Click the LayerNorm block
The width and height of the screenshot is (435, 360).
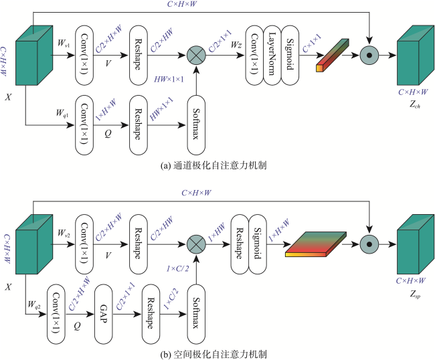(272, 55)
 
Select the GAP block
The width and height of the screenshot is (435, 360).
(104, 314)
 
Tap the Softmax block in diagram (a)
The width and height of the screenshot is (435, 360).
(196, 125)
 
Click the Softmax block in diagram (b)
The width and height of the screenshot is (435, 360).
(196, 314)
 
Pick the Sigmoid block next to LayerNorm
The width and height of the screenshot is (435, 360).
(290, 55)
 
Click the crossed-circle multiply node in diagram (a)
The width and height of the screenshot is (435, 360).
(196, 55)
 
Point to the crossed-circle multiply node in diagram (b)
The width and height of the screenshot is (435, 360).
(196, 244)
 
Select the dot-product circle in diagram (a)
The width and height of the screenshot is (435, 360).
(369, 55)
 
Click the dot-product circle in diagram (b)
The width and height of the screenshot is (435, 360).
(369, 244)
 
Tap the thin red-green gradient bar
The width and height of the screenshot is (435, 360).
(333, 56)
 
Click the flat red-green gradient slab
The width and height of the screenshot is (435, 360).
(316, 244)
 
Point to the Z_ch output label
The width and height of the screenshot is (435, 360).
(415, 104)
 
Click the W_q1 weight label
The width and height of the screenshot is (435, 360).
(62, 113)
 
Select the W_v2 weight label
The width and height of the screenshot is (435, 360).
(64, 233)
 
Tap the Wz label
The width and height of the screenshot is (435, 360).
(236, 44)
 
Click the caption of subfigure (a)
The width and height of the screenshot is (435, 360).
(213, 165)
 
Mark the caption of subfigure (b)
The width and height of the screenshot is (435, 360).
(213, 354)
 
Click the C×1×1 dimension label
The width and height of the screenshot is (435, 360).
(312, 43)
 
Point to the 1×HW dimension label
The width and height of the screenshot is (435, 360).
(217, 233)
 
